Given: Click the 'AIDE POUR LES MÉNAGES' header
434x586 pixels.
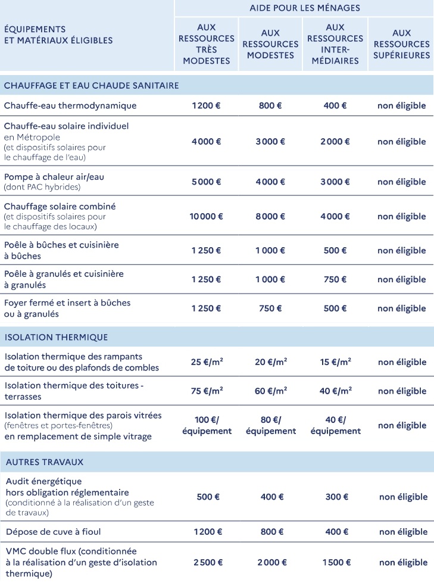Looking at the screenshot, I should point(304,8).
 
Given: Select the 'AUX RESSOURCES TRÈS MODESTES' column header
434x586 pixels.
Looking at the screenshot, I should point(206,44).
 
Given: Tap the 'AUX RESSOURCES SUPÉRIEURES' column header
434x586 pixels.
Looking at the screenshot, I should point(402,44).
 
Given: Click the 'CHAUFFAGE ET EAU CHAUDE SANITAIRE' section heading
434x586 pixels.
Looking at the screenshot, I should point(91,86).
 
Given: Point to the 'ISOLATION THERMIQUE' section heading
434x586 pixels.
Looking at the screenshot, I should point(57,337).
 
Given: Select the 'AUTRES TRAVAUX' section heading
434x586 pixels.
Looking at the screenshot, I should point(45,462).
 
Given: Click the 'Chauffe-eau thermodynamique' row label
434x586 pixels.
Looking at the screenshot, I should point(70,106).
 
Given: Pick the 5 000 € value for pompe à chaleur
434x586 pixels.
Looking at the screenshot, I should point(206,182).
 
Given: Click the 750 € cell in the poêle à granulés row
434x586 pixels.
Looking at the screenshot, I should point(335,279).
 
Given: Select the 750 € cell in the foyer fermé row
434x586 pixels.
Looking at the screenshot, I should point(270,308).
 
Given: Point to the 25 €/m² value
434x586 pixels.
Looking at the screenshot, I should point(207,361).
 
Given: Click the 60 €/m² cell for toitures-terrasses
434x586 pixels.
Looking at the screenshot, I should point(270,391).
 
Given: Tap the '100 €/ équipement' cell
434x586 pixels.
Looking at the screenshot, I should point(207,425).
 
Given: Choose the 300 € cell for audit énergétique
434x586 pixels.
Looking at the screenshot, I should point(335,497).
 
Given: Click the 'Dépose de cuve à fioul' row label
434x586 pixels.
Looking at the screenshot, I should point(58,531).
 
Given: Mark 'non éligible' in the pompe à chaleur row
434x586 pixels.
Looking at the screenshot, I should point(402,182).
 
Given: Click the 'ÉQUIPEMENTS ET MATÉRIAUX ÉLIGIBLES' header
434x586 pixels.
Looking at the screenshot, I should point(58,35).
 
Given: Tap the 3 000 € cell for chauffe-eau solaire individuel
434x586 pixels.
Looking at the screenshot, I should point(270,142).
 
